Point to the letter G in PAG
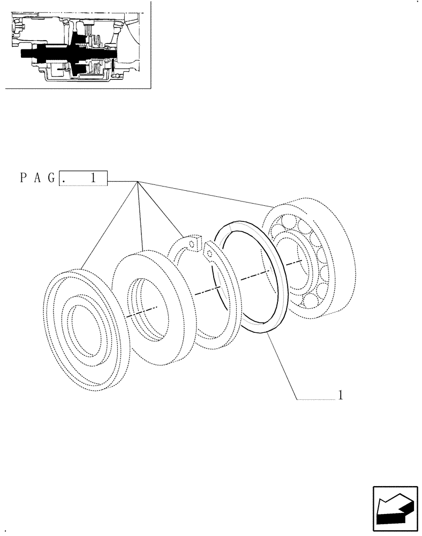click(x=51, y=179)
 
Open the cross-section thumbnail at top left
click(x=78, y=45)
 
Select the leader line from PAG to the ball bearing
click(x=209, y=195)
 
